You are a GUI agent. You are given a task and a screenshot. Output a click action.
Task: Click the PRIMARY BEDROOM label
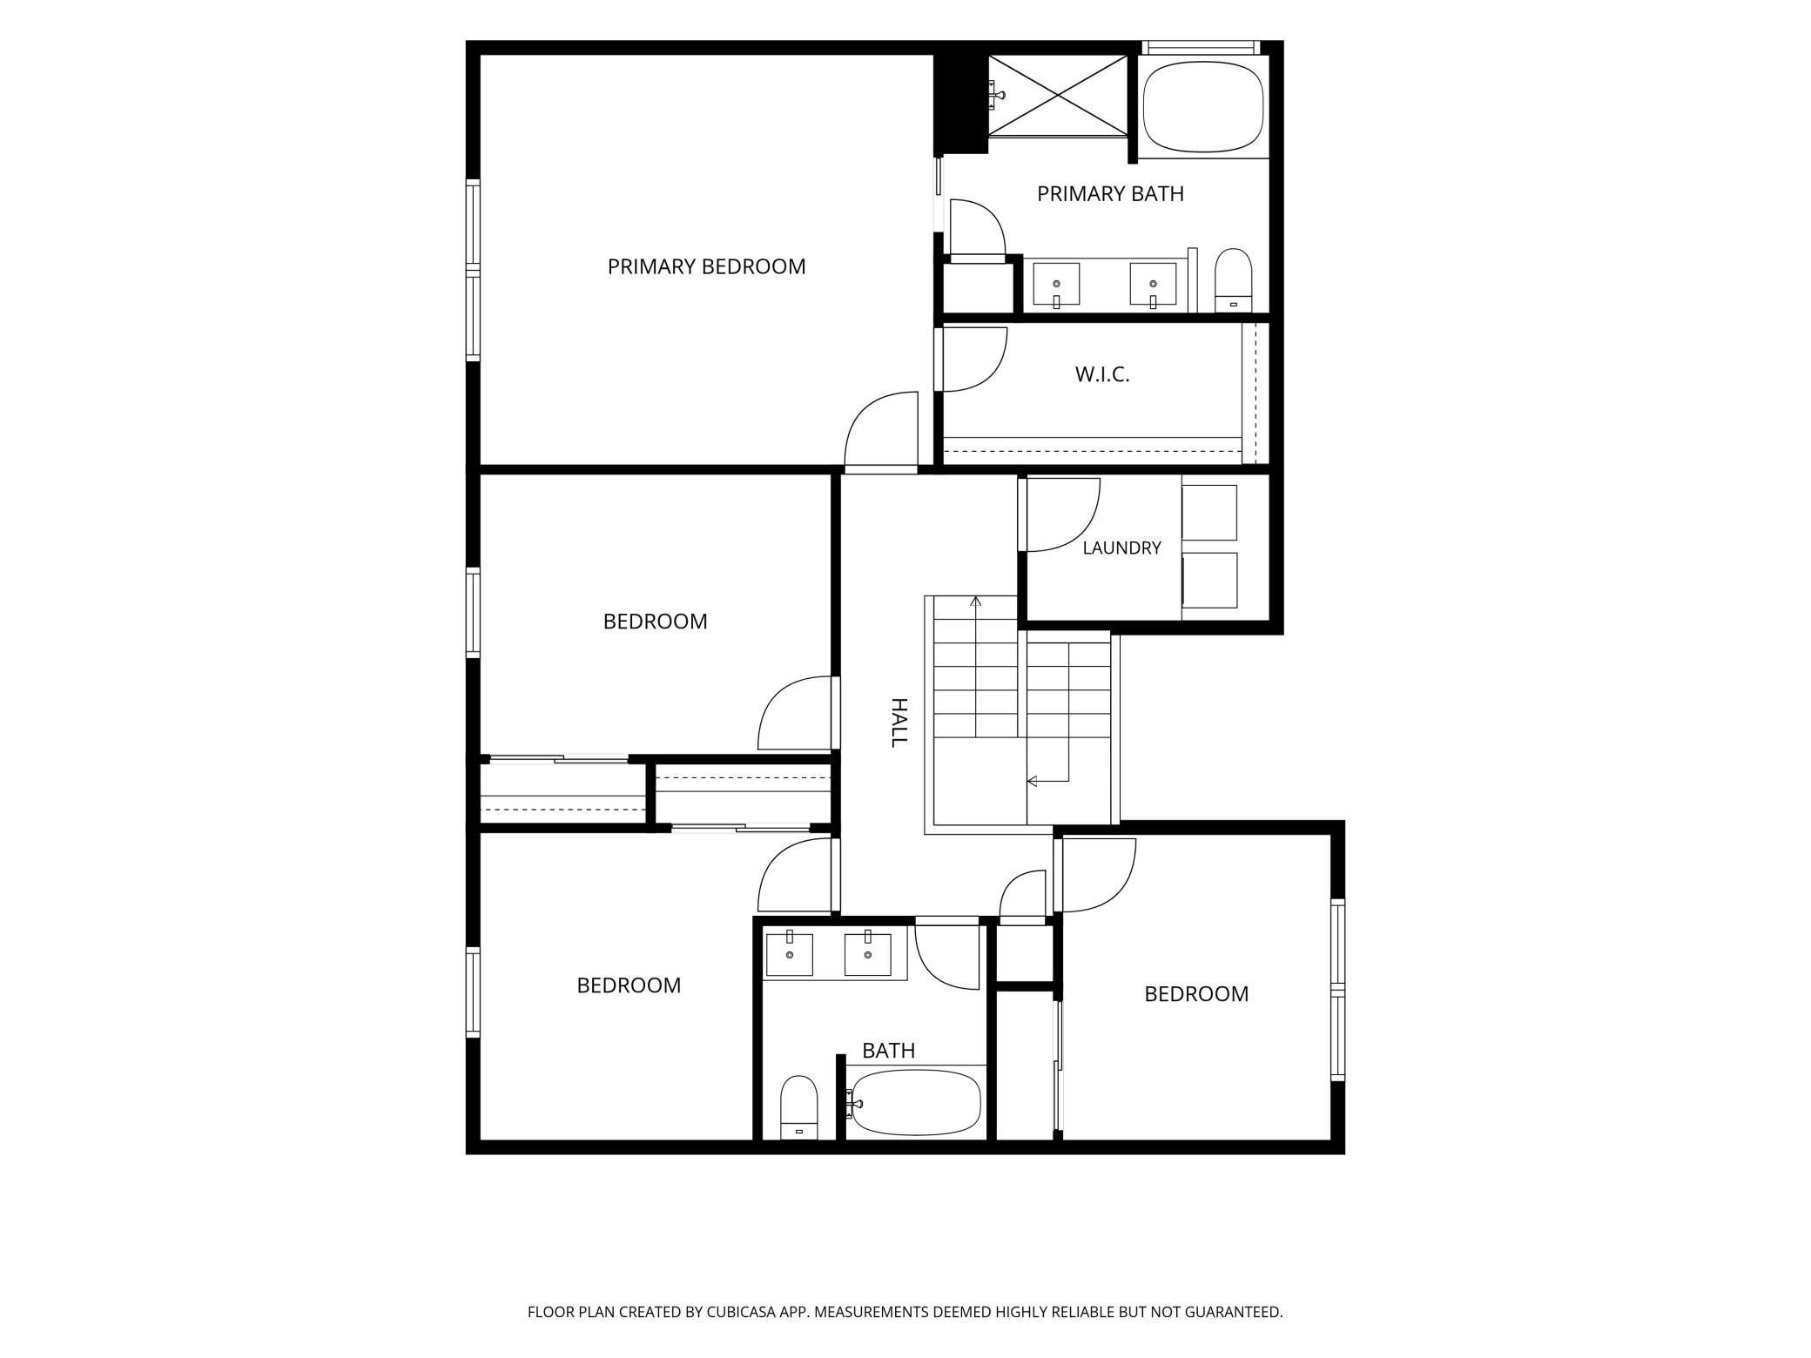[706, 266]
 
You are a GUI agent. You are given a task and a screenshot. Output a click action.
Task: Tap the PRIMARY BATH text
[1110, 193]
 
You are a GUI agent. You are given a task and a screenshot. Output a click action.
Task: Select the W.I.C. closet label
[1102, 374]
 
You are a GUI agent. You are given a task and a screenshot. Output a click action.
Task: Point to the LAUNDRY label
[1121, 548]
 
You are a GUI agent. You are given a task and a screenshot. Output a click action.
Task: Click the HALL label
[899, 722]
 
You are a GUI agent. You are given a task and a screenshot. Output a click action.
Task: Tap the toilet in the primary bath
[1233, 279]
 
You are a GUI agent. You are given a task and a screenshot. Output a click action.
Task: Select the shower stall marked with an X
[1058, 96]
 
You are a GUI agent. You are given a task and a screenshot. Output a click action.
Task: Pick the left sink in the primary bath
[1056, 285]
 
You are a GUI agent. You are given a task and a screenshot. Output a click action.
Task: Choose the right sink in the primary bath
[1153, 285]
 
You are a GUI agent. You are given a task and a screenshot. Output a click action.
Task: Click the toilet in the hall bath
[798, 1107]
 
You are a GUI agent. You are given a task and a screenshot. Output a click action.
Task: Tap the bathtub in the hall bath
[914, 1103]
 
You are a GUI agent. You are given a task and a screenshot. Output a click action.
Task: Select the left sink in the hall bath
[789, 954]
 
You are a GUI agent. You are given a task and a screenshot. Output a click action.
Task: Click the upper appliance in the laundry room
[1209, 513]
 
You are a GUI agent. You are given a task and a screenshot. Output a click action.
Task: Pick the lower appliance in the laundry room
[1209, 581]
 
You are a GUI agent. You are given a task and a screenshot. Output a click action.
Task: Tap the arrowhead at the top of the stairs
[976, 601]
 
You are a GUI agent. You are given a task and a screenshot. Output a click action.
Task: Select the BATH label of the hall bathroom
[888, 1051]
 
